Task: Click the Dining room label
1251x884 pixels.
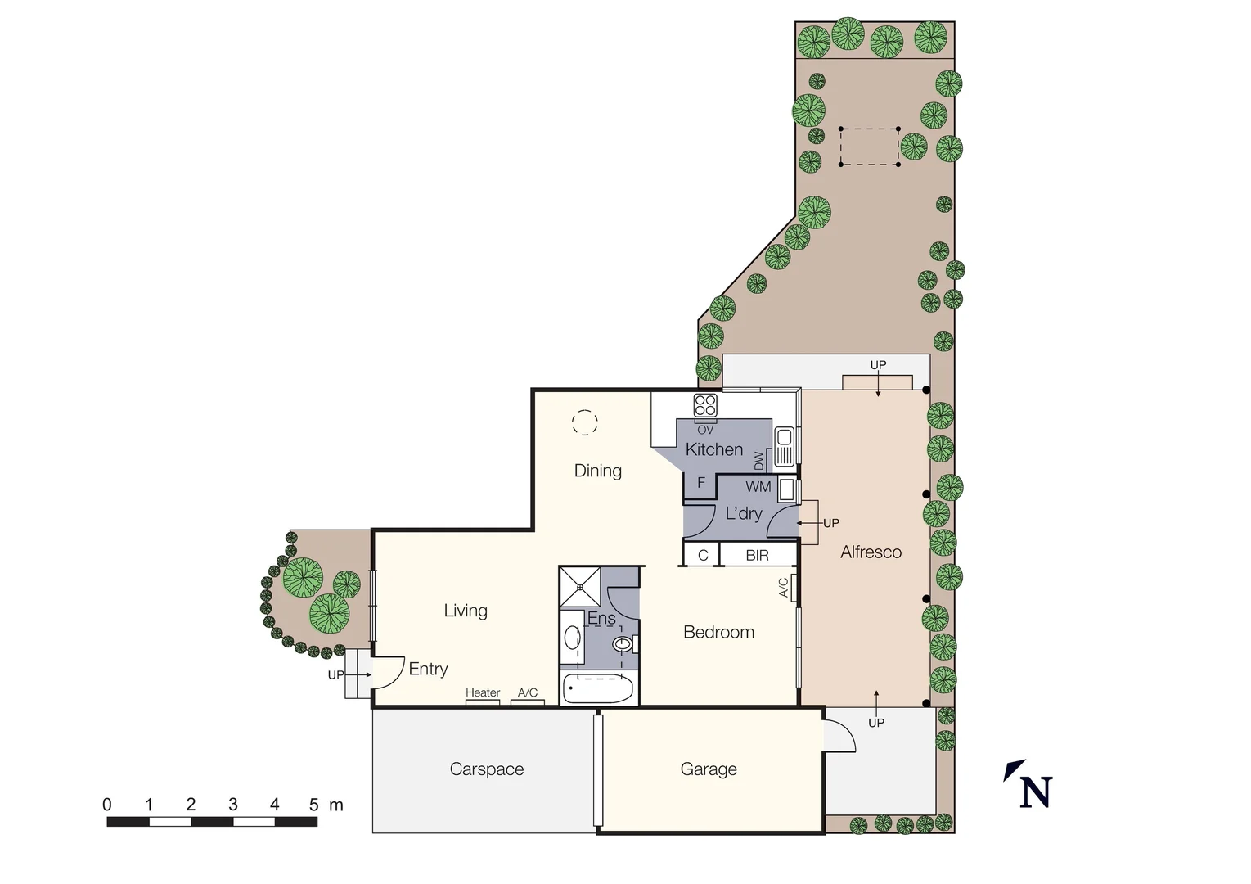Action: [x=597, y=471]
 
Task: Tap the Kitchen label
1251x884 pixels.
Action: [x=713, y=449]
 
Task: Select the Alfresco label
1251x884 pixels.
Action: [x=871, y=552]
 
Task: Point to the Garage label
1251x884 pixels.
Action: [x=709, y=769]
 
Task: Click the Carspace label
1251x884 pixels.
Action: [x=486, y=769]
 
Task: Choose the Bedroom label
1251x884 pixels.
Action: [x=718, y=632]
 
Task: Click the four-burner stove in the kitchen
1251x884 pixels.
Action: [x=705, y=405]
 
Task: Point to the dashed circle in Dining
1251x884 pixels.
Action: [x=584, y=422]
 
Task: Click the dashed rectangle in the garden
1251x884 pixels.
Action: [x=869, y=147]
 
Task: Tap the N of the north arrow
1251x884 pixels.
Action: [x=1036, y=792]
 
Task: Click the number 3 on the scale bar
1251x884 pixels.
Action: [x=233, y=805]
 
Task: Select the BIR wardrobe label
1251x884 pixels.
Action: [x=757, y=556]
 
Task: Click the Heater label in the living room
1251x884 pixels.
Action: [x=483, y=692]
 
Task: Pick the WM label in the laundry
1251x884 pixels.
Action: [x=758, y=487]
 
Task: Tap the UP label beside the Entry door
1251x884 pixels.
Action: [x=335, y=675]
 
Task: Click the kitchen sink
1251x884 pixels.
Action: [x=783, y=446]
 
